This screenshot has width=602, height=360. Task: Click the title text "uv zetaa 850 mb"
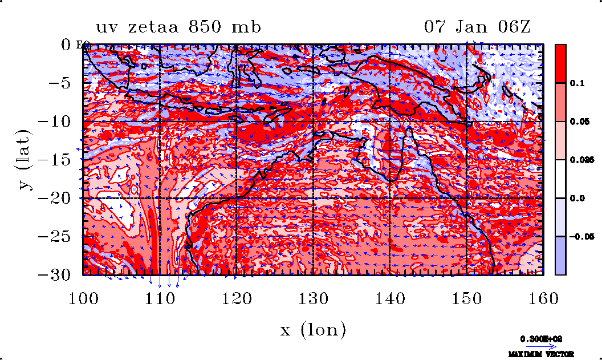[178, 27]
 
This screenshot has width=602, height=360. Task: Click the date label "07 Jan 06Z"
[478, 27]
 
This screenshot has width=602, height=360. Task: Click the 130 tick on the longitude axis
[313, 297]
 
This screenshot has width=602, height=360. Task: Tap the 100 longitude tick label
[83, 297]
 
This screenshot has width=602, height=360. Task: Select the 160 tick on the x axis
[543, 297]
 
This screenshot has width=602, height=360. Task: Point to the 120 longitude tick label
[236, 297]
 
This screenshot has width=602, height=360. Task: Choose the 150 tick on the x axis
[466, 297]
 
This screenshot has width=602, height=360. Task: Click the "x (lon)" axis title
[313, 329]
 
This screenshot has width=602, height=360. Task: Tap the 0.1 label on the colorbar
[577, 83]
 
